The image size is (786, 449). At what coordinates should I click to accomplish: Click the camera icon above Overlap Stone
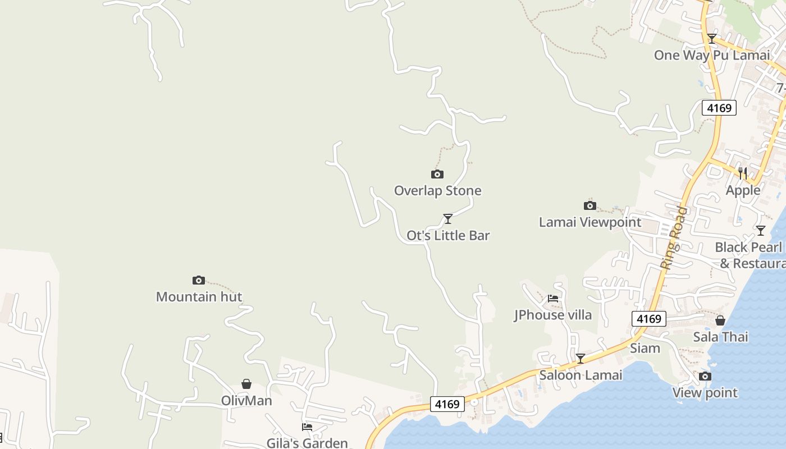point(437,174)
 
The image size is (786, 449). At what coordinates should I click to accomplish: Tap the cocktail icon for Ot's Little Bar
point(447,218)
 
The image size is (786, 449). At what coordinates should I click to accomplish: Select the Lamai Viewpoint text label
point(589,222)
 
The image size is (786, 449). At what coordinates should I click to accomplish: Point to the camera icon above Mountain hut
point(198,280)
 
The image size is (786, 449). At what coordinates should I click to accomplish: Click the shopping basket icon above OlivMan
point(246,384)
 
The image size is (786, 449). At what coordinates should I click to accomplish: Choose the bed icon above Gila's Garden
point(307,427)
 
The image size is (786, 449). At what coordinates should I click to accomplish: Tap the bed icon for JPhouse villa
point(553,299)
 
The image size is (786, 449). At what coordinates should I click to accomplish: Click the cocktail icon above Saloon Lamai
point(581,358)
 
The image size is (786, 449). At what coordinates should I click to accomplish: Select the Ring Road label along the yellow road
point(673,237)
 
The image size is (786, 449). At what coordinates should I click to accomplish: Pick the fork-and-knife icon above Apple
point(743,173)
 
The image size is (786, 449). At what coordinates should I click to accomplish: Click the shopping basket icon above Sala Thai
point(720,320)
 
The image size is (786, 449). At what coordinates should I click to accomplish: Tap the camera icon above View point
point(705,376)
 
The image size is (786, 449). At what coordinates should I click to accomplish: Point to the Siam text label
point(645,348)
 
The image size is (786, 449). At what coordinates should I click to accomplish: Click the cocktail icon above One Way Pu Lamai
point(711,39)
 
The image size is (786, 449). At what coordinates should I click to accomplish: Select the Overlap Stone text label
point(437,191)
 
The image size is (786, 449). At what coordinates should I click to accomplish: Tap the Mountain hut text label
point(199,297)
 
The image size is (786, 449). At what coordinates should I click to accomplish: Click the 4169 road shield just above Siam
point(648,319)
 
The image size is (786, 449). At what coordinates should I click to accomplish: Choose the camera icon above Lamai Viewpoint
point(589,205)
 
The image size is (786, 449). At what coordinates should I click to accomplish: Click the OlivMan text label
point(246,401)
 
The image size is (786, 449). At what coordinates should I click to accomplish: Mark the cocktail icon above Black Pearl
point(760,230)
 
